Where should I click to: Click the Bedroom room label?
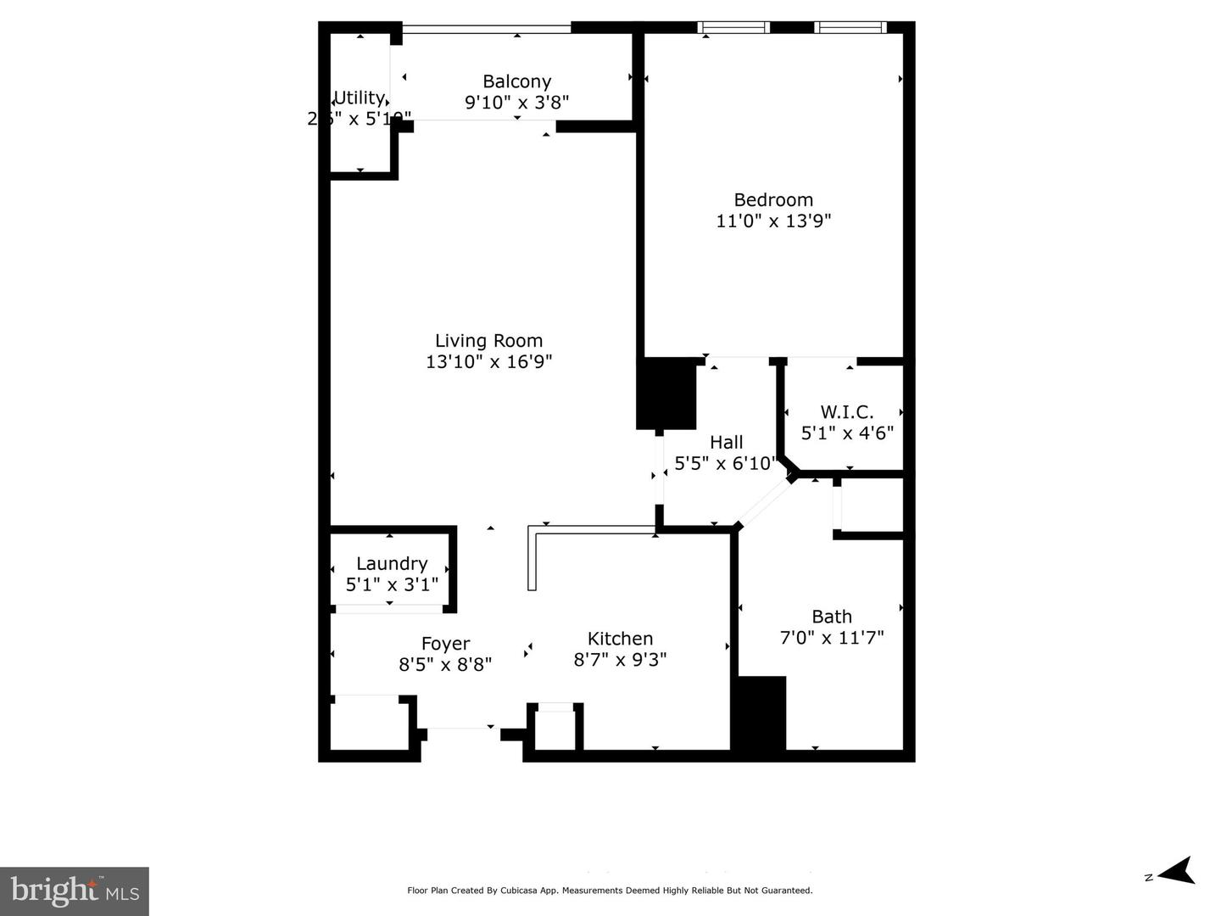(x=773, y=200)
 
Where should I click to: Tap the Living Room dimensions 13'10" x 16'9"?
(x=489, y=362)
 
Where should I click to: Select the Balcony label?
(x=516, y=81)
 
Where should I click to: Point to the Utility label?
(x=360, y=98)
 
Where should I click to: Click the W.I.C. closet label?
(x=847, y=412)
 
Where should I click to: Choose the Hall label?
(x=726, y=442)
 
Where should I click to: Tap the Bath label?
(x=832, y=617)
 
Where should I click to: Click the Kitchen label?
(x=620, y=639)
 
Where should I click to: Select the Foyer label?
(x=445, y=644)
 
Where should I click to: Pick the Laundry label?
(x=391, y=564)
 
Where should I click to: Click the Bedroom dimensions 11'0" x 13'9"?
(x=773, y=221)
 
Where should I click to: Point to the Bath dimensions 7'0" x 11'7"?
(x=832, y=637)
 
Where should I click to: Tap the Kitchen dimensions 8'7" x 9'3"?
(x=620, y=659)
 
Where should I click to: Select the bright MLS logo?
(x=75, y=891)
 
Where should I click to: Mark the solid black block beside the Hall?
(x=666, y=393)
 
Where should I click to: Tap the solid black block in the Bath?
(x=760, y=712)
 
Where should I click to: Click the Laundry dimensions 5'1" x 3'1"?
(x=392, y=584)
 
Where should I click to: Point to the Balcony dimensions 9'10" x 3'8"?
(x=516, y=102)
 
